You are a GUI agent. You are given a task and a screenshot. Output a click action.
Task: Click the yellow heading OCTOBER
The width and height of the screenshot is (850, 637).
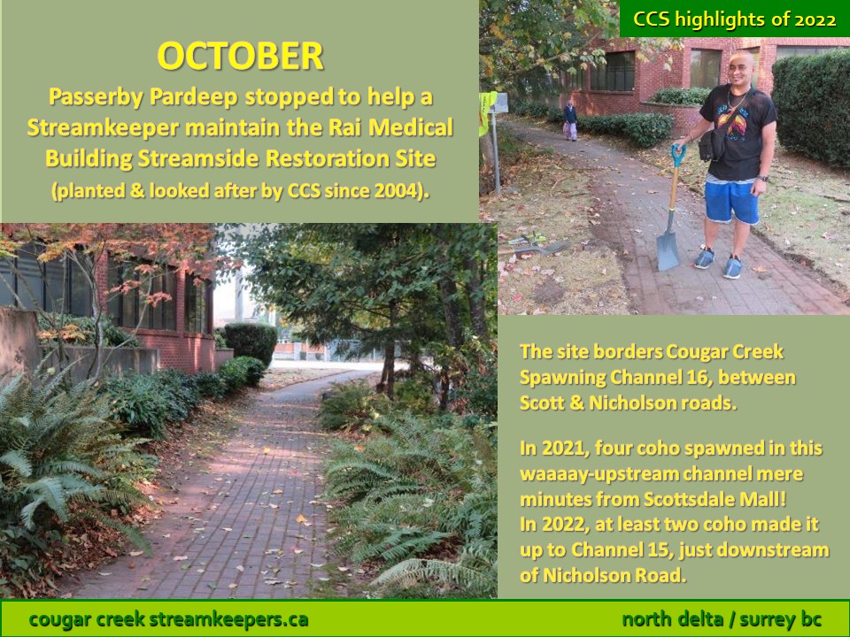pyautogui.click(x=240, y=56)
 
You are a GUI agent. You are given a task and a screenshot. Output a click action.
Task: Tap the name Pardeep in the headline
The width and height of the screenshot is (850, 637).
pyautogui.click(x=194, y=97)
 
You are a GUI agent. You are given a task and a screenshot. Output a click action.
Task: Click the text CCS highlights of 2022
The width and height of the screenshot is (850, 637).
pyautogui.click(x=735, y=19)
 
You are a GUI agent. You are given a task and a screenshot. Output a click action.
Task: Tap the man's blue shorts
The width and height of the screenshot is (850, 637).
pyautogui.click(x=732, y=201)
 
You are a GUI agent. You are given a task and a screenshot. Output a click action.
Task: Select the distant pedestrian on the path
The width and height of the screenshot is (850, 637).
pyautogui.click(x=569, y=121)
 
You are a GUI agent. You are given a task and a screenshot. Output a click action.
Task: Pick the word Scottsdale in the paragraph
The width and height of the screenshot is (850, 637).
pyautogui.click(x=685, y=499)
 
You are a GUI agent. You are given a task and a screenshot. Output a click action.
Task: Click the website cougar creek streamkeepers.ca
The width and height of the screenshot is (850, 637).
pyautogui.click(x=168, y=619)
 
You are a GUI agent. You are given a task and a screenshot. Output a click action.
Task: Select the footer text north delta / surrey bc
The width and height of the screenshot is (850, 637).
pyautogui.click(x=722, y=619)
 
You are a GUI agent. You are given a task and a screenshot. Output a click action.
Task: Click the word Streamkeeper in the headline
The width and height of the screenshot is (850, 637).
pyautogui.click(x=103, y=127)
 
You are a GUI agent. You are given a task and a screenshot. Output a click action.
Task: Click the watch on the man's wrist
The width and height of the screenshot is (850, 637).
pyautogui.click(x=762, y=178)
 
